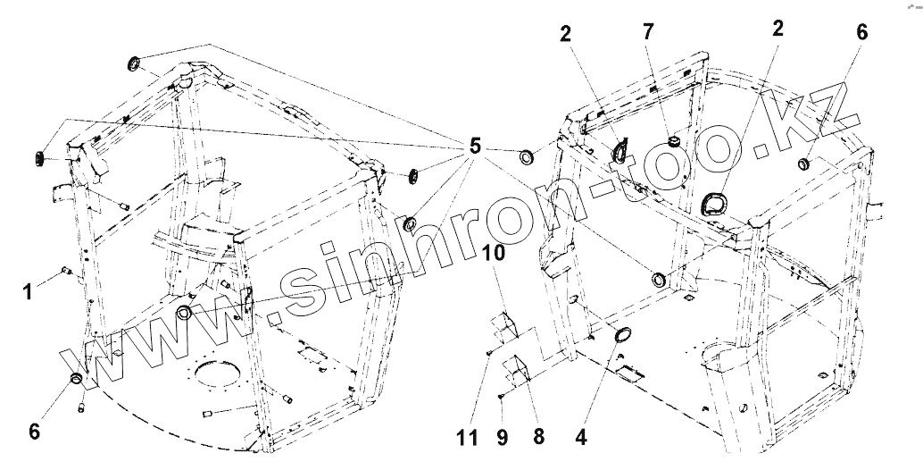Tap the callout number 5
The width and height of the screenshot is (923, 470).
tap(474, 146)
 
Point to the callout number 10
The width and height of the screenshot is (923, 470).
tap(495, 254)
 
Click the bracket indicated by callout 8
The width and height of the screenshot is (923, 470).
tap(518, 367)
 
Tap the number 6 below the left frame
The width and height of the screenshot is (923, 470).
tap(35, 432)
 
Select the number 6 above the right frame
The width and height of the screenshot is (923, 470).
tap(861, 32)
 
